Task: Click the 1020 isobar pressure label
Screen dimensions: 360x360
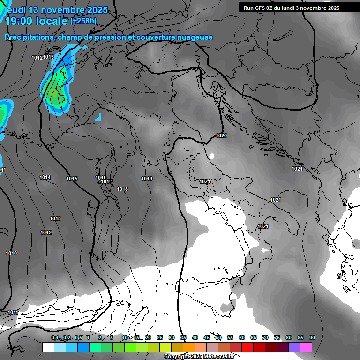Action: [221, 136]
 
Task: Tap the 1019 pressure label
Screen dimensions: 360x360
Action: [147, 179]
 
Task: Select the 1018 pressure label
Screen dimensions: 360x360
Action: [122, 189]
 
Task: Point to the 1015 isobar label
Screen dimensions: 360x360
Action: [72, 179]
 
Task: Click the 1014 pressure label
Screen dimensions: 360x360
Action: [45, 177]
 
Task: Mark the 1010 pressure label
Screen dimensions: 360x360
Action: [11, 253]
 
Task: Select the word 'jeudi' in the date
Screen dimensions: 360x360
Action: [15, 10]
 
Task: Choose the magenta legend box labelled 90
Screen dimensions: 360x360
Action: [306, 347]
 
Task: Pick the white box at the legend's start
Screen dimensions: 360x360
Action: [48, 347]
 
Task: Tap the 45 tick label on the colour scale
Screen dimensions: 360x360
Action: [207, 337]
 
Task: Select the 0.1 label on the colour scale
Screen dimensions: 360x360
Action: [55, 337]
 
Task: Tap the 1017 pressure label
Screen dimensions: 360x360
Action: [107, 181]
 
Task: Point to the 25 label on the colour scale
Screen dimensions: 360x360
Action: [160, 337]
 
